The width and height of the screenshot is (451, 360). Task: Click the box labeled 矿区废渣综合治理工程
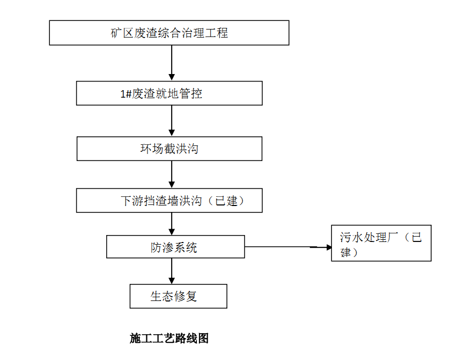(169, 33)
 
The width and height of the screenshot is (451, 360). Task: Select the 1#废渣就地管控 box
(169, 93)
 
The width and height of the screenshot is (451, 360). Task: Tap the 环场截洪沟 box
(169, 149)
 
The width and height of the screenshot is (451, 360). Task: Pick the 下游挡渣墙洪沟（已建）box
(169, 201)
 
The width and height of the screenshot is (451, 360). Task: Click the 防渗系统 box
(175, 247)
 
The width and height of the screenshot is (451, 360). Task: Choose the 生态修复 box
(178, 296)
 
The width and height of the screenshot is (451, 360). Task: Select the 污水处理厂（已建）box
(381, 243)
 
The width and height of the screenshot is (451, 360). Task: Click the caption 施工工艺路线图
(169, 338)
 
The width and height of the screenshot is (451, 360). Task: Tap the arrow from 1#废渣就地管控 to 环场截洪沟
(172, 121)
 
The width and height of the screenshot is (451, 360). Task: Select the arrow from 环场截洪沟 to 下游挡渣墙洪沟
(172, 175)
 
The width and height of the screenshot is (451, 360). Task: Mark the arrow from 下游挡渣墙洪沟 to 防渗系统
(172, 224)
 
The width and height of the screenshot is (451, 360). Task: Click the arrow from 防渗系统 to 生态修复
(172, 271)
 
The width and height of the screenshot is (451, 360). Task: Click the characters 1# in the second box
(126, 94)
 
